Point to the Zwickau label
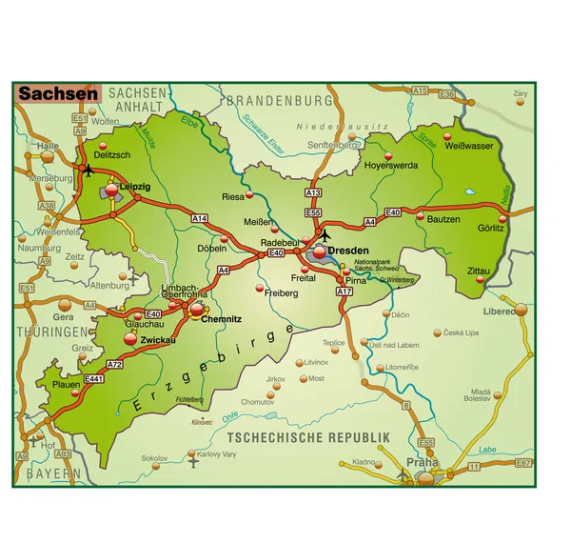(x=157, y=339)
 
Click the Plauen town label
(x=67, y=384)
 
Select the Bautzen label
(x=443, y=219)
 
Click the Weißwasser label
(x=470, y=146)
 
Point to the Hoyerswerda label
(x=391, y=165)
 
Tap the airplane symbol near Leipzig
(x=89, y=171)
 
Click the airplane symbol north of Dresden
(x=325, y=234)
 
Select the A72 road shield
(x=114, y=365)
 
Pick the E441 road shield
(x=93, y=378)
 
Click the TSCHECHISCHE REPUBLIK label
(x=309, y=436)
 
